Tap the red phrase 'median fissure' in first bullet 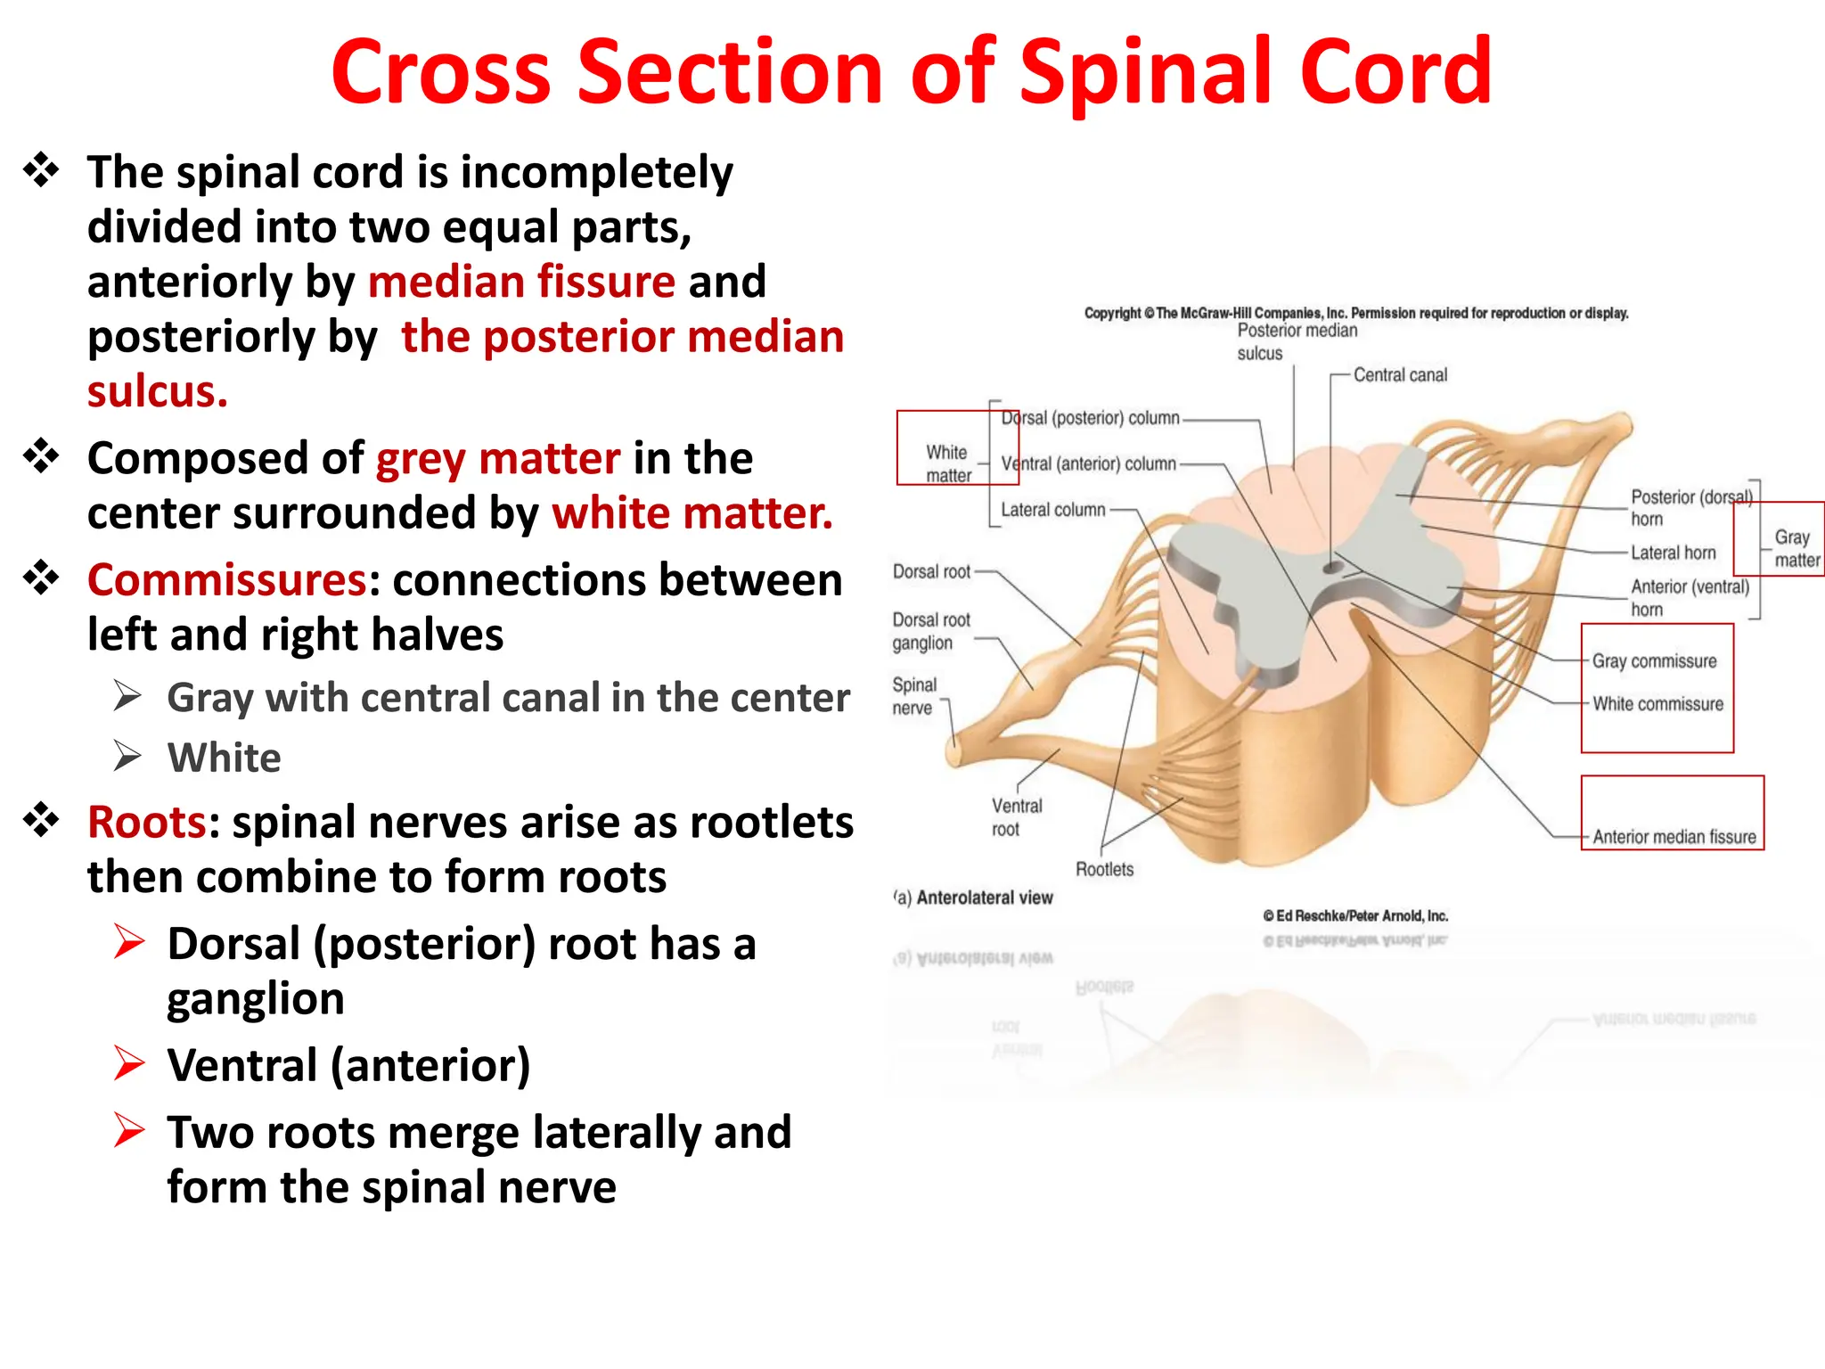point(521,282)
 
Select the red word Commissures point(226,580)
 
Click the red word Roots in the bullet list point(147,822)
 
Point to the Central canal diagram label point(1399,375)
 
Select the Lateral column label point(1052,510)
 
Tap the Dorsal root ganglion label point(930,631)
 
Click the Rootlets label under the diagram point(1104,869)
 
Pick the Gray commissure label point(1654,661)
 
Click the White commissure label point(1657,704)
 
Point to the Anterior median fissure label point(1674,837)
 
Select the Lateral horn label point(1673,553)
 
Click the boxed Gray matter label point(1795,548)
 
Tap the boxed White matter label point(947,463)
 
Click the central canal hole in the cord point(1333,567)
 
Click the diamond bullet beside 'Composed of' point(41,457)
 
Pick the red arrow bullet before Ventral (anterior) point(129,1064)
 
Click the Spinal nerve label point(913,696)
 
